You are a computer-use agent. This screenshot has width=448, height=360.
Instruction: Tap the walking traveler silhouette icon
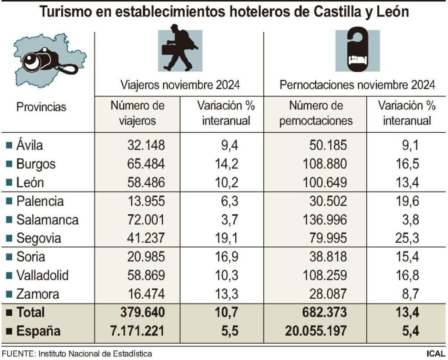[179, 50]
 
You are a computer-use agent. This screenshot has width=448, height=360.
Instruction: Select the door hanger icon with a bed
[357, 50]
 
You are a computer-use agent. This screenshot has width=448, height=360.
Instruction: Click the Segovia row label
[38, 239]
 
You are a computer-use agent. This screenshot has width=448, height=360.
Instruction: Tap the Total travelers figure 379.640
[143, 313]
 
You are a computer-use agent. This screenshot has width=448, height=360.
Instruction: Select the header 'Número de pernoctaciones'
[316, 113]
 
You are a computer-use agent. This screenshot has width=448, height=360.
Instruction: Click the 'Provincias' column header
[42, 107]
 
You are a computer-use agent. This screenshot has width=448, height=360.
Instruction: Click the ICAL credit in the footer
[436, 353]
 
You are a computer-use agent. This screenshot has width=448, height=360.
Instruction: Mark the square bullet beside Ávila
[9, 145]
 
